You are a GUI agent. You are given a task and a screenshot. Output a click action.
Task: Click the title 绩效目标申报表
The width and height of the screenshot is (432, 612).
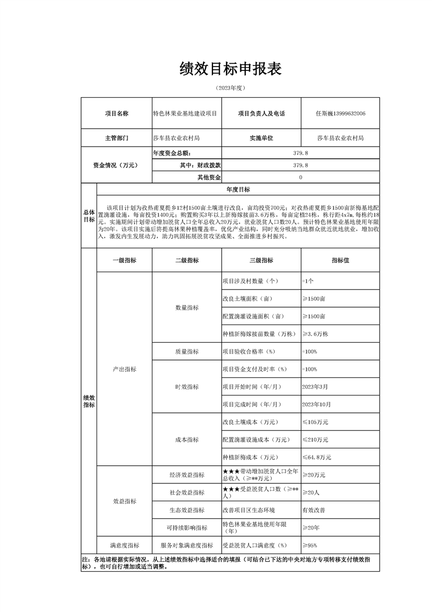[230, 69]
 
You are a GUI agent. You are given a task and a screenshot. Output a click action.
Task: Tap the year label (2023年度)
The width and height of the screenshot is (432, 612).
[230, 87]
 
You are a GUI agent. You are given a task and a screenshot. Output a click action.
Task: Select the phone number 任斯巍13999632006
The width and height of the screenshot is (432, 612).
[340, 113]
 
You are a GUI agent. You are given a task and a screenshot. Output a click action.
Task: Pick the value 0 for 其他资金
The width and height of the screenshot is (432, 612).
[301, 177]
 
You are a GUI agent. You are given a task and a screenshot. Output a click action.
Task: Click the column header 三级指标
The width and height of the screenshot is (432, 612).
[261, 261]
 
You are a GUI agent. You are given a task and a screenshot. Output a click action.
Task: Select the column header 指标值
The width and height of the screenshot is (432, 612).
[340, 261]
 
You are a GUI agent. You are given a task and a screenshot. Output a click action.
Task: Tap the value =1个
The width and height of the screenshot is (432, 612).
[308, 281]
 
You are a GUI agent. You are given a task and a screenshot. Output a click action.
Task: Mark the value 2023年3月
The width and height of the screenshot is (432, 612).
[315, 387]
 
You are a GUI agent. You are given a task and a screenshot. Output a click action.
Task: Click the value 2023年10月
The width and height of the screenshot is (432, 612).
[317, 404]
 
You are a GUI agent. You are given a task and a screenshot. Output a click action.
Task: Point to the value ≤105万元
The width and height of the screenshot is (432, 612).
[315, 422]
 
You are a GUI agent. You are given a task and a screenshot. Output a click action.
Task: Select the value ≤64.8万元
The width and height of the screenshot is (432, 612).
[317, 457]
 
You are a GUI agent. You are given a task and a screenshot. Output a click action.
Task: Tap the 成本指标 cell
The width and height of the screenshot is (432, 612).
[187, 440]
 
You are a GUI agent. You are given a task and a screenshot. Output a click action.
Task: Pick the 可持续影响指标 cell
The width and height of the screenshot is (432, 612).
[187, 527]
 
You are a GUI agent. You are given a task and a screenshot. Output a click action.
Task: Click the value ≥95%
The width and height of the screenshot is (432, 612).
[309, 545]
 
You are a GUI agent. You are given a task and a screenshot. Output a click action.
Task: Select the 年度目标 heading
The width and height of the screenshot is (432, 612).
[238, 189]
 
